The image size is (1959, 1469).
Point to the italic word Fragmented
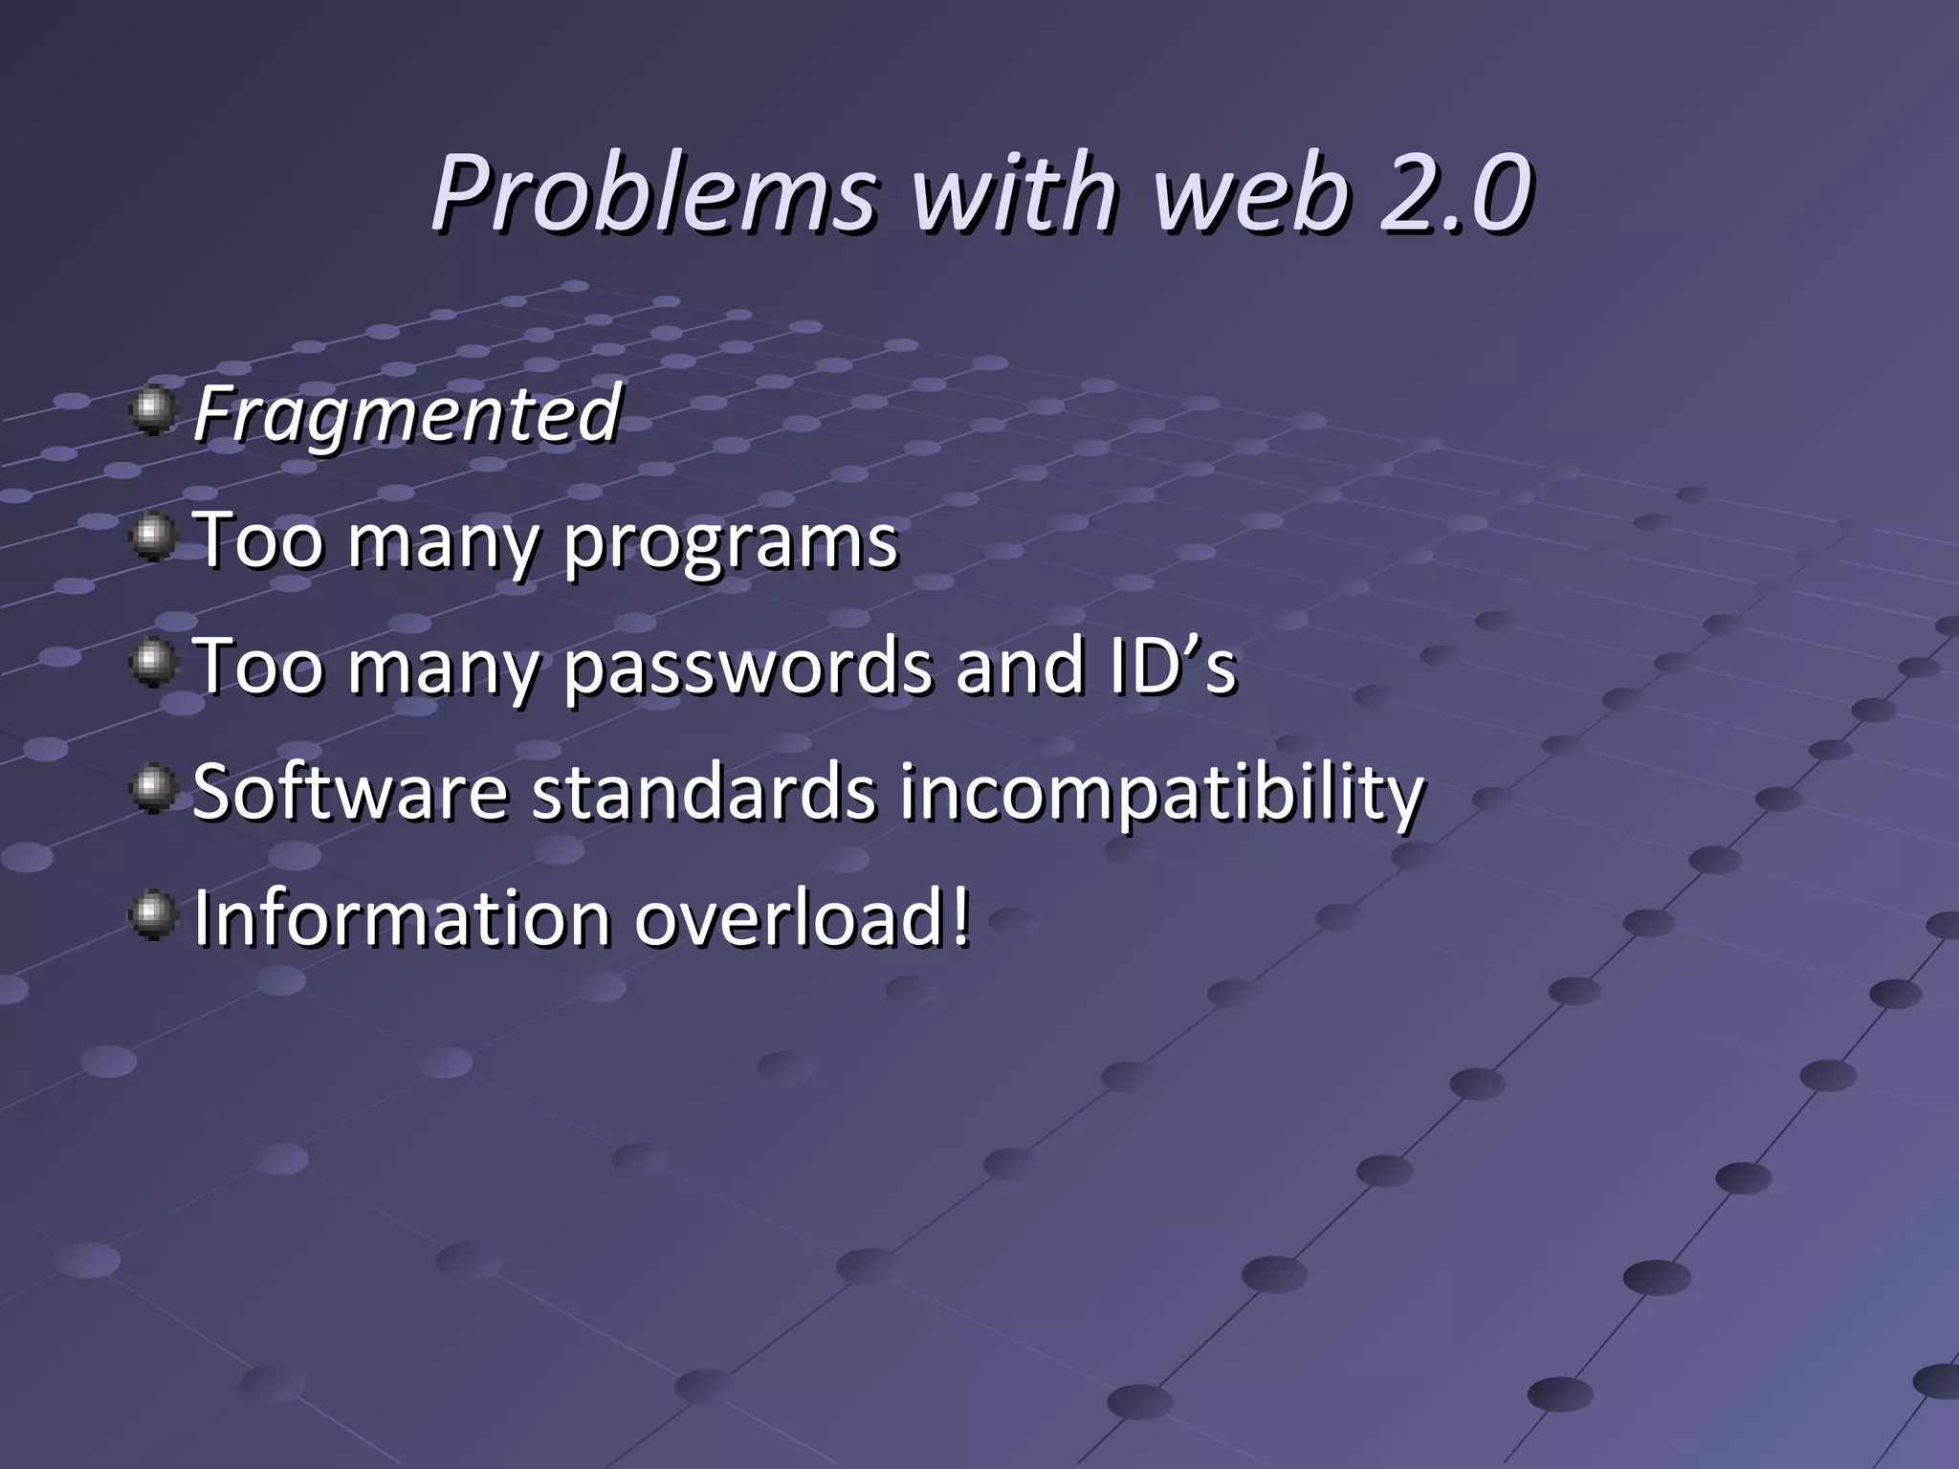407,414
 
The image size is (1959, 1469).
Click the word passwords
747,668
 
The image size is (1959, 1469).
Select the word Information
402,918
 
